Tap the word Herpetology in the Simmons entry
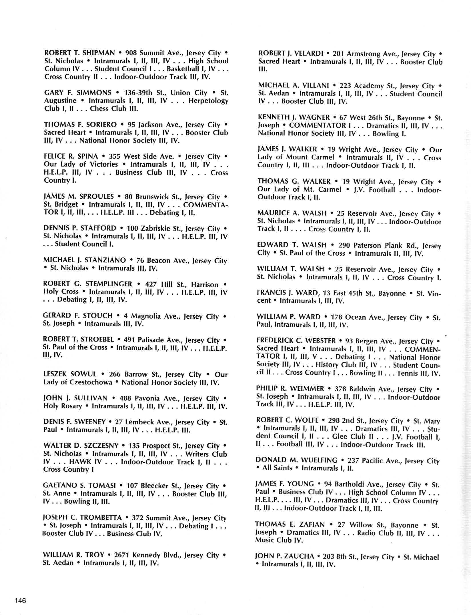pos(208,101)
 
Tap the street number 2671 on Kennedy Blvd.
pos(122,555)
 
